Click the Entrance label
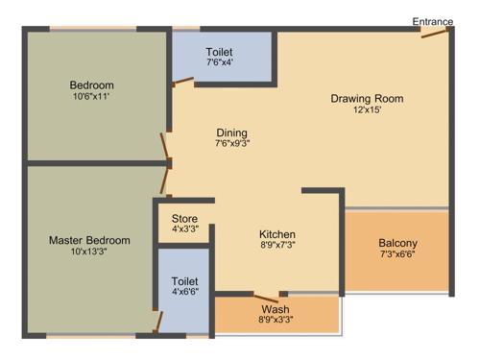[433, 21]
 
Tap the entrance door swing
[435, 36]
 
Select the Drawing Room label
[367, 99]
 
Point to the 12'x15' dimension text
[367, 110]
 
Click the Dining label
[231, 132]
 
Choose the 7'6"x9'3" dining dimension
[231, 144]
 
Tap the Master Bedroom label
[89, 240]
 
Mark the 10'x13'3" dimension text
[89, 252]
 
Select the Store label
[184, 218]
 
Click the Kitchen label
[277, 234]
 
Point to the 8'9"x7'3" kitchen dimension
[277, 246]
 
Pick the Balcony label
[397, 243]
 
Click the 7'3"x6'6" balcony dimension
[397, 254]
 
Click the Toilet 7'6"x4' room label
[219, 52]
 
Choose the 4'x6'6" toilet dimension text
[185, 292]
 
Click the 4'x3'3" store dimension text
[184, 229]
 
